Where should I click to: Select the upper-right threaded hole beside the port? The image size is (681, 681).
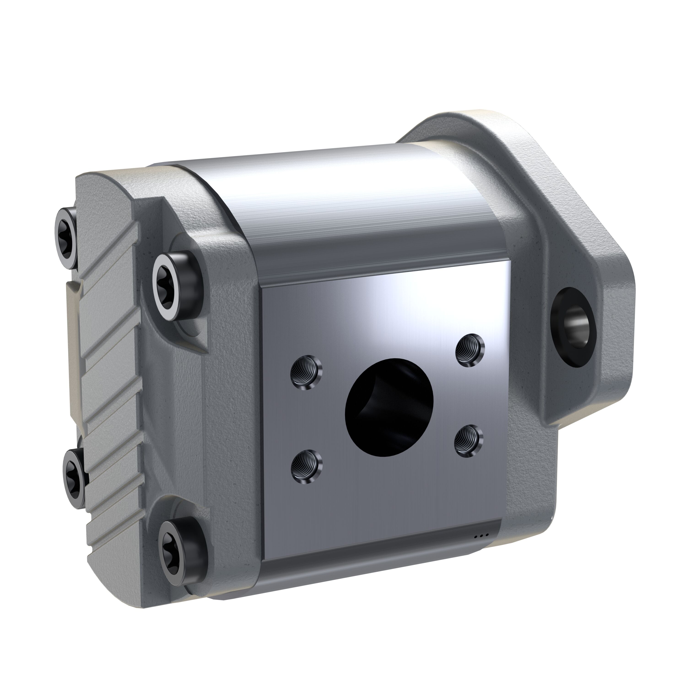(x=470, y=350)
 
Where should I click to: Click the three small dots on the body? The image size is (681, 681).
(x=481, y=545)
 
